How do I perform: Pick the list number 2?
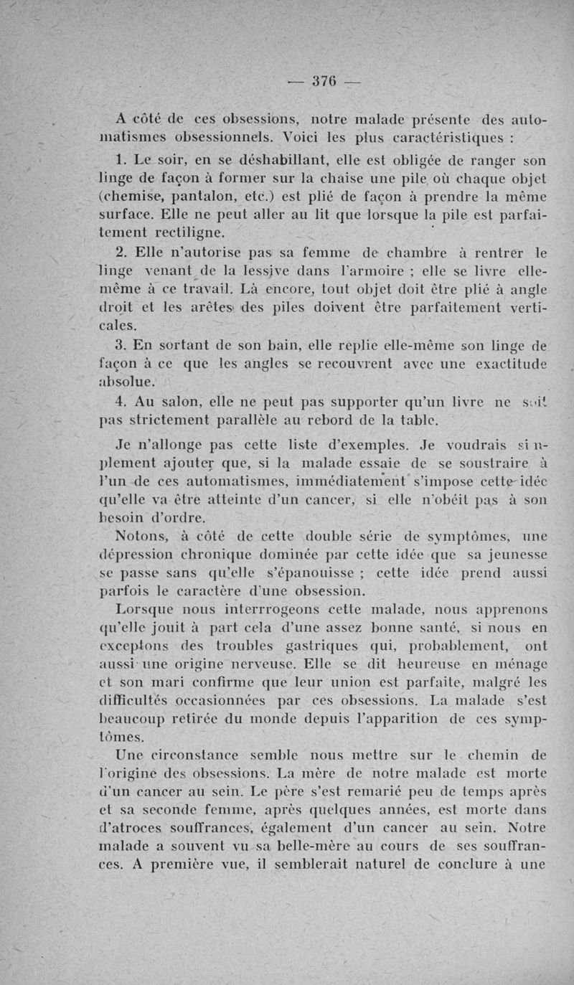tap(119, 253)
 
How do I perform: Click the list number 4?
tap(121, 402)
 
